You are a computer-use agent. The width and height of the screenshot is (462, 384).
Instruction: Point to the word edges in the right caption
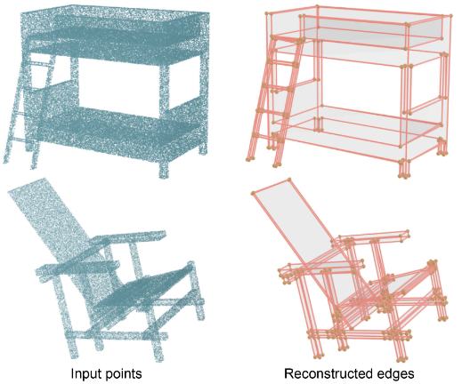pyautogui.click(x=394, y=374)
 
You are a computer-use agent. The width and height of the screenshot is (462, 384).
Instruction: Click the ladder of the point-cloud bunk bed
pyautogui.click(x=28, y=113)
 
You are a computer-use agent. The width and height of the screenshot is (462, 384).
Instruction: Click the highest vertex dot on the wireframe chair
pyautogui.click(x=289, y=180)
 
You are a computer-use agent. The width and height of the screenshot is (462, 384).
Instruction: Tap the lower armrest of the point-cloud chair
pyautogui.click(x=77, y=267)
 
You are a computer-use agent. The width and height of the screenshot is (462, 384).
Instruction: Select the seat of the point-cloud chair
pyautogui.click(x=142, y=292)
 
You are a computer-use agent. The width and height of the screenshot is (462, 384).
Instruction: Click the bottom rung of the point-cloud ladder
pyautogui.click(x=24, y=140)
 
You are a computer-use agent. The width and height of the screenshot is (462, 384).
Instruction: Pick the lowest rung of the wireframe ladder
pyautogui.click(x=266, y=136)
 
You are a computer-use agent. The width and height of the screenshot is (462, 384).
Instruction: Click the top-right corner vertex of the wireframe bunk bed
pyautogui.click(x=451, y=15)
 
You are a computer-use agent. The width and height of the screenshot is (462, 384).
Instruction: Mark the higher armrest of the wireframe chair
pyautogui.click(x=375, y=237)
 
